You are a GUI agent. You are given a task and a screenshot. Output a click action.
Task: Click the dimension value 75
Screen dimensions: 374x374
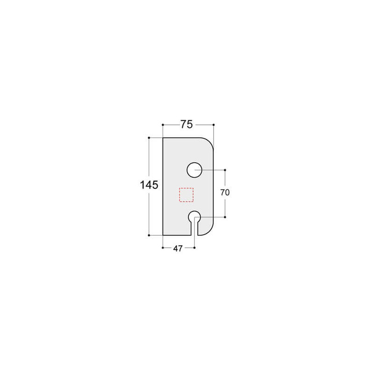[187, 124]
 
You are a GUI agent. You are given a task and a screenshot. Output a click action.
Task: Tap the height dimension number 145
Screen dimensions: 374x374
[149, 185]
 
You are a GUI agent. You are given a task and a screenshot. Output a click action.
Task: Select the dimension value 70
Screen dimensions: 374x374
[225, 192]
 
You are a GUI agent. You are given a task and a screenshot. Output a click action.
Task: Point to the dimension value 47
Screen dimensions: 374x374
[178, 249]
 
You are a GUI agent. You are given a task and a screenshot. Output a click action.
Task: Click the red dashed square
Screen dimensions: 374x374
[187, 194]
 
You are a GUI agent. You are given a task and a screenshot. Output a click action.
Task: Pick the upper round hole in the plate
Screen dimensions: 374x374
[194, 170]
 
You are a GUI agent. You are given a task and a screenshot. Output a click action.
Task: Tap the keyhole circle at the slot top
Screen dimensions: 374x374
[194, 217]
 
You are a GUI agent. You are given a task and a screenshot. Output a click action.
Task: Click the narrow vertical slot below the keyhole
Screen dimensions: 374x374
[194, 229]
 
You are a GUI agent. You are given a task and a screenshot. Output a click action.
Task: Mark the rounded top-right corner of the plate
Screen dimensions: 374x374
[210, 142]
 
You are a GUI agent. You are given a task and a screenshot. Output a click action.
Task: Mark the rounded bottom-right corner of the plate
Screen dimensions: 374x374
[210, 231]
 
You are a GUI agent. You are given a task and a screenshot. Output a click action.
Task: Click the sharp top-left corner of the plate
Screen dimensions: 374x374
[163, 138]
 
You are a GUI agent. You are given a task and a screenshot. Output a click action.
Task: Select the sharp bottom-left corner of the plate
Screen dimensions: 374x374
[163, 235]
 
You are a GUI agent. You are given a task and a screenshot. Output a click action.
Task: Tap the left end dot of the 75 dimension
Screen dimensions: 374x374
[162, 125]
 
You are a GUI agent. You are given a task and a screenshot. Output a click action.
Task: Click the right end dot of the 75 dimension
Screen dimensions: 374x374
[214, 125]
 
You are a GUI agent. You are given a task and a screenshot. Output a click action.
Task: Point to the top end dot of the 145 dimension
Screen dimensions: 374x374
[149, 138]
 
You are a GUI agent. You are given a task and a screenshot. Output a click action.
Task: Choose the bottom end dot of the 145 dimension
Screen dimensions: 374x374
[149, 235]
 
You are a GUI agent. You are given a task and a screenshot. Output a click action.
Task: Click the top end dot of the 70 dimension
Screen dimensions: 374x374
[225, 170]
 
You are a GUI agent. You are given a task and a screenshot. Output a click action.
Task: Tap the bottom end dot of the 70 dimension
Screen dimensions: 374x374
[225, 217]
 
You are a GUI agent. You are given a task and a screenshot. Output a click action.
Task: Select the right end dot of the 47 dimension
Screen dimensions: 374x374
[194, 248]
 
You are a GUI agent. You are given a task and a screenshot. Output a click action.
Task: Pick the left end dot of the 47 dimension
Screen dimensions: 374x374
[162, 248]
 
